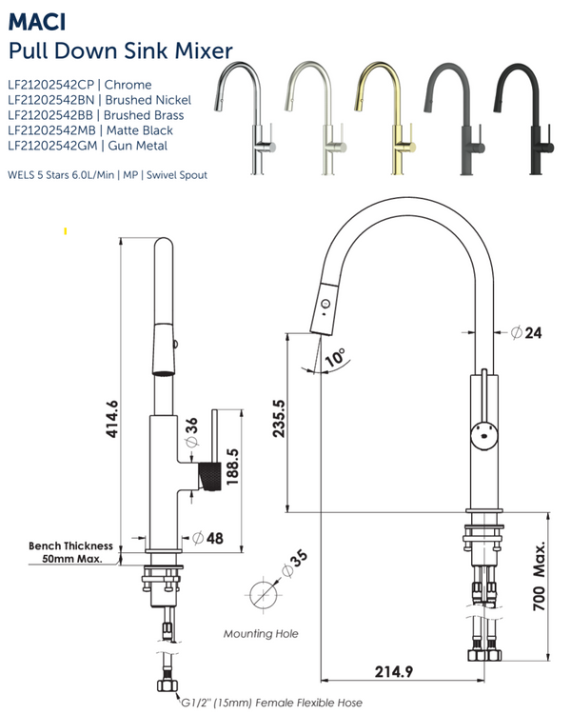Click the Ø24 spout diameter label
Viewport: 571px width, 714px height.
[525, 333]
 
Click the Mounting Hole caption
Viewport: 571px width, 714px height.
[260, 633]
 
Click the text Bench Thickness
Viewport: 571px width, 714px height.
[70, 546]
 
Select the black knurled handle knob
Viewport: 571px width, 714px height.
[208, 475]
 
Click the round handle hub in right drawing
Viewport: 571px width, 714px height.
[483, 436]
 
